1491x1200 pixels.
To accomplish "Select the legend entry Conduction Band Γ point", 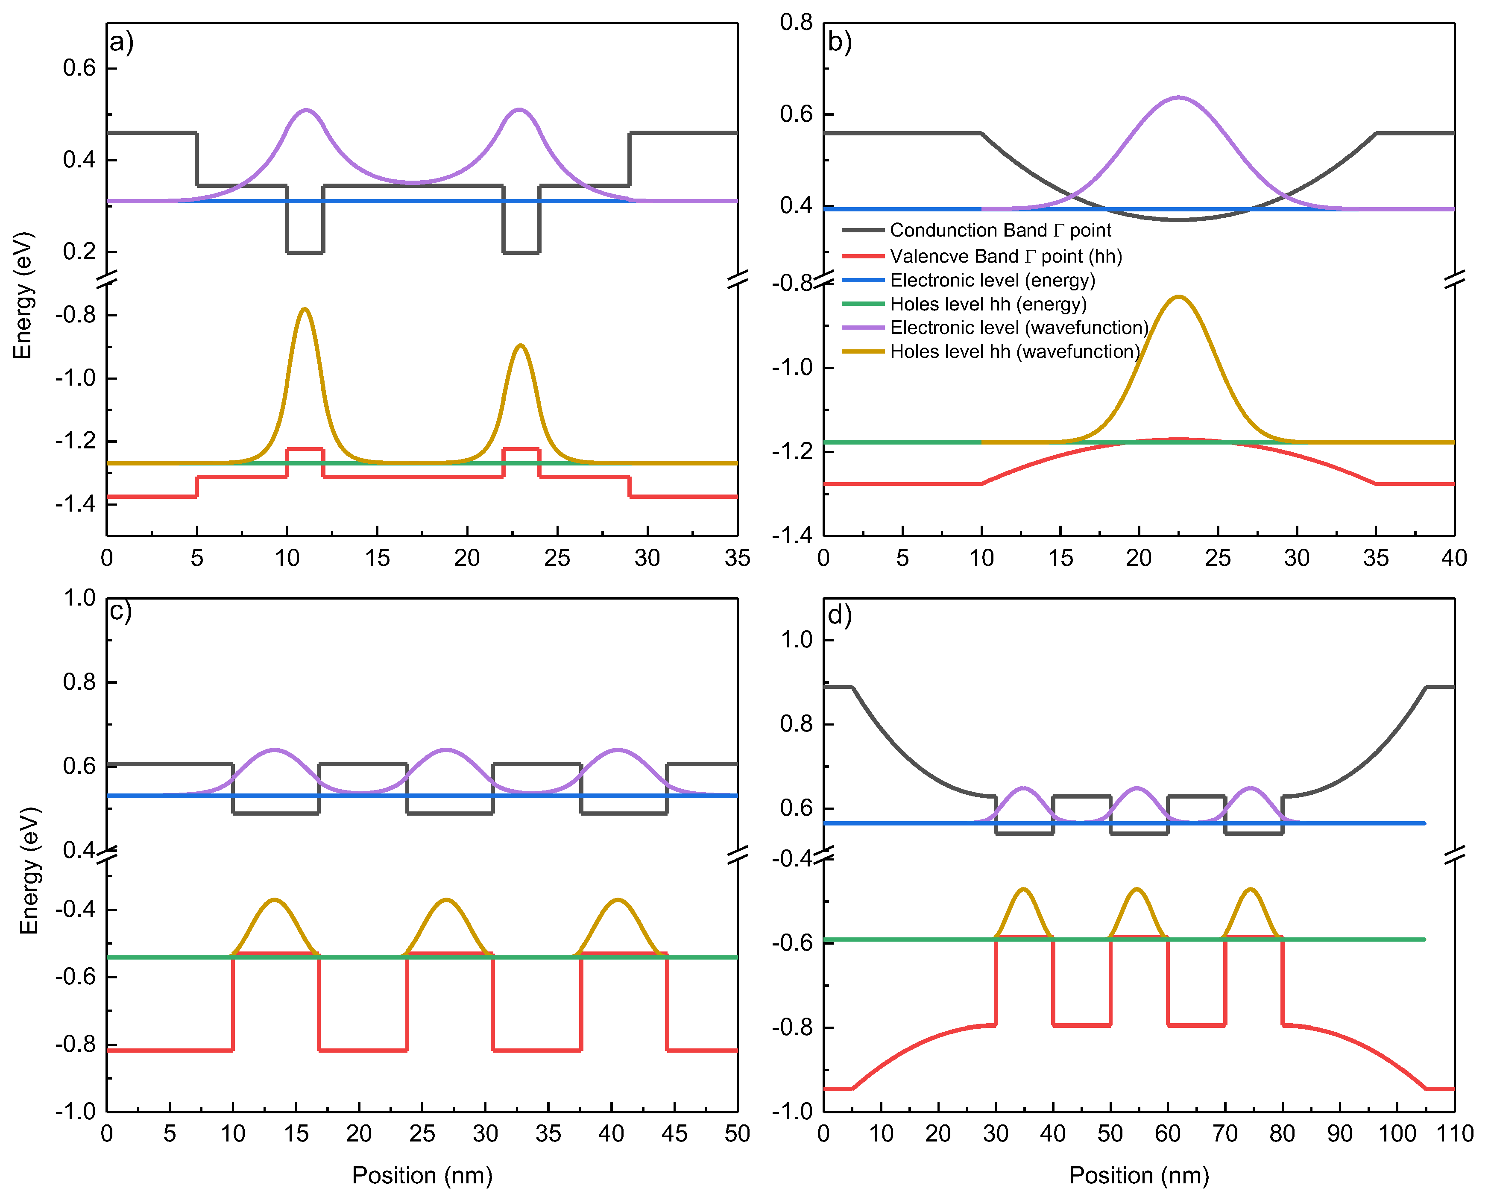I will [x=999, y=230].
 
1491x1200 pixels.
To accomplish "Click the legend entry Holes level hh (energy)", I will [x=987, y=304].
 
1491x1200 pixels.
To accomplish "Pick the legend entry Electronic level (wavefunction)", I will [x=1018, y=328].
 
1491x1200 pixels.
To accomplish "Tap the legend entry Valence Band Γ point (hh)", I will [x=1005, y=257].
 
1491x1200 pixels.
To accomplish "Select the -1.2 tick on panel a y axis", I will [x=76, y=441].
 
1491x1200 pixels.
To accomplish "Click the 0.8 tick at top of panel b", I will [x=796, y=22].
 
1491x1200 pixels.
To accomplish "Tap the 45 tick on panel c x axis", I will [x=674, y=1134].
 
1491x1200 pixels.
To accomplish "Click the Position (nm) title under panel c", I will [x=422, y=1175].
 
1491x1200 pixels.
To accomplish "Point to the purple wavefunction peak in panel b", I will [x=1178, y=97].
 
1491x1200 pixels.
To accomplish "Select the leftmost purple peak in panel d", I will [x=1023, y=788].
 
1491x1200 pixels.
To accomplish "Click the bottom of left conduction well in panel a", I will [x=305, y=252].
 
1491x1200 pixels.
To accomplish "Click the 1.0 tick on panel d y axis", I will [x=796, y=640].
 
